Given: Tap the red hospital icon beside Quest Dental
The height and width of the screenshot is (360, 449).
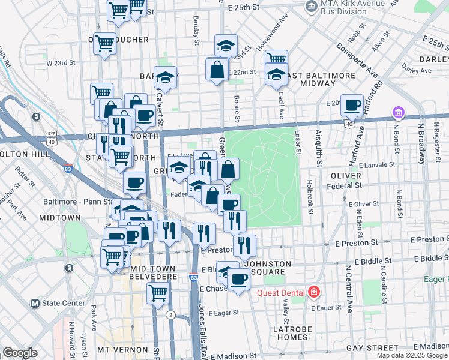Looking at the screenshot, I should click(313, 292).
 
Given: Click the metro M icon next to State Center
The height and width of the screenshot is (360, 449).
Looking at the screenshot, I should click(35, 303).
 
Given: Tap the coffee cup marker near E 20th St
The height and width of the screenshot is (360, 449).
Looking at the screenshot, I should click(352, 106).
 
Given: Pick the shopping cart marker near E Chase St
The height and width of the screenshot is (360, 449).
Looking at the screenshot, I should click(158, 293).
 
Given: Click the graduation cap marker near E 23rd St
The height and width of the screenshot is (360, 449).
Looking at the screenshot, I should click(226, 45).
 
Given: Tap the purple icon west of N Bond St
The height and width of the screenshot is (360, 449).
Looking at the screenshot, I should click(397, 112).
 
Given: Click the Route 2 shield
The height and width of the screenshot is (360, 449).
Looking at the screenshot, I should click(170, 315).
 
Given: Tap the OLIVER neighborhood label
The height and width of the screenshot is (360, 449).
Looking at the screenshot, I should click(346, 175).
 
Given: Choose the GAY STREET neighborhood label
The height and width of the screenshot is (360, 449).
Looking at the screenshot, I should click(372, 348).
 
